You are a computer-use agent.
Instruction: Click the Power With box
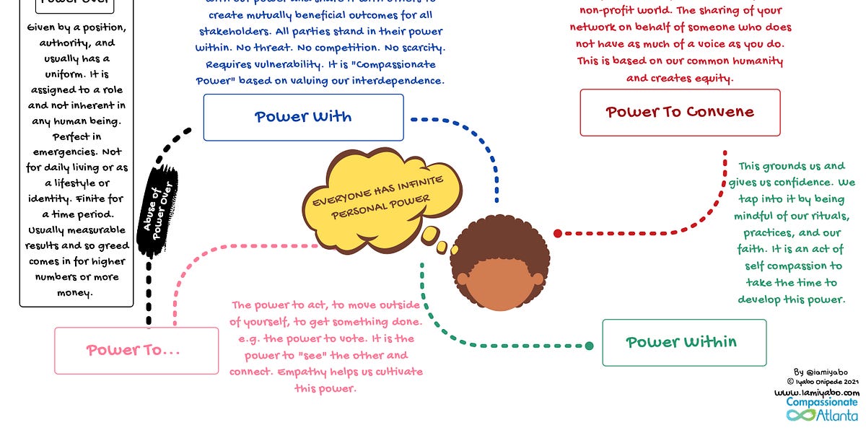pyautogui.click(x=303, y=117)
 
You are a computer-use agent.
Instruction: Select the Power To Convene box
pyautogui.click(x=680, y=113)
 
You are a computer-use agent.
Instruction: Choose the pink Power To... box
pyautogui.click(x=136, y=351)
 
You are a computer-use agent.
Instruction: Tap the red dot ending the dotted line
pyautogui.click(x=558, y=233)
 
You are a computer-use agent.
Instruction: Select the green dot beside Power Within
pyautogui.click(x=589, y=346)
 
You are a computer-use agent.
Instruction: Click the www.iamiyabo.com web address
pyautogui.click(x=816, y=393)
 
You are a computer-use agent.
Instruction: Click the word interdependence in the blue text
pyautogui.click(x=398, y=81)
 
